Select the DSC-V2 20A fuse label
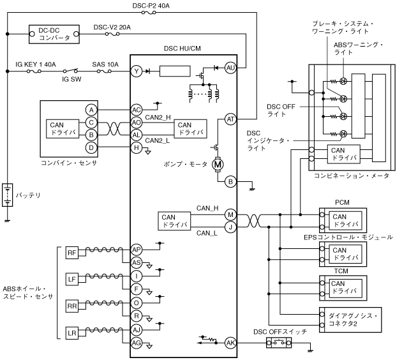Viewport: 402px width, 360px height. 112,27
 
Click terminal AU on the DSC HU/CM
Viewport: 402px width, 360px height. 230,68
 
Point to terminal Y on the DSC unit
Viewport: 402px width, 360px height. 136,71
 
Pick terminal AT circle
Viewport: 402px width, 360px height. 230,118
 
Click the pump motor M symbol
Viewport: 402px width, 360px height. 218,165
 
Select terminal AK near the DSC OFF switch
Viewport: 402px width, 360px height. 230,343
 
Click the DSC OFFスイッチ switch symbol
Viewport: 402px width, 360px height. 278,343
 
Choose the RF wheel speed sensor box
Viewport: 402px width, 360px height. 71,254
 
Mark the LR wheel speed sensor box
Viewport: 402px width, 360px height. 71,333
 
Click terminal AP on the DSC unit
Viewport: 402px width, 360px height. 136,250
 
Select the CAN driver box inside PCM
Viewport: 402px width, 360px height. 345,220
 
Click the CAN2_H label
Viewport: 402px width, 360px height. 157,116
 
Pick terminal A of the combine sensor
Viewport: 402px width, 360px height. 92,110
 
